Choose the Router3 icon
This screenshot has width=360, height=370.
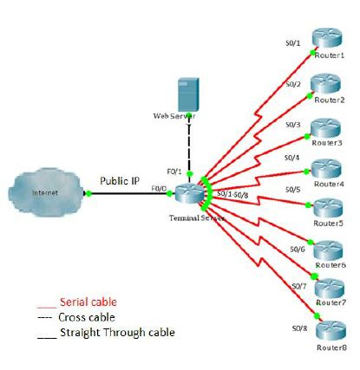pos(327,127)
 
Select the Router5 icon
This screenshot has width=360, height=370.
pos(329,207)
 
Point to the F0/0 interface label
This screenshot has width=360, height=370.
pos(158,188)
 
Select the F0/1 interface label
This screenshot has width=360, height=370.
pos(173,171)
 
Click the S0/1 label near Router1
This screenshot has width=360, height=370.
pos(293,42)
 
